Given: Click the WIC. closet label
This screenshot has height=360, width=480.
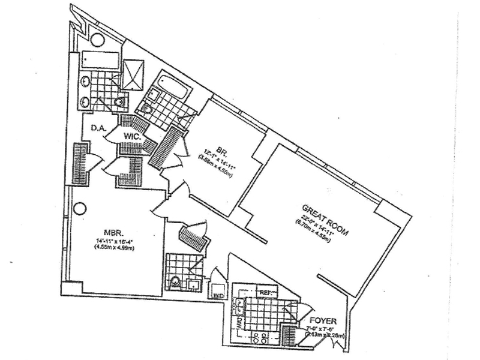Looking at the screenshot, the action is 132,137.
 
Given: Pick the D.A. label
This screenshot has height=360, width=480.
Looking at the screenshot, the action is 98,128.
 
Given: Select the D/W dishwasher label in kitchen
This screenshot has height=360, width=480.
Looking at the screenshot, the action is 239,324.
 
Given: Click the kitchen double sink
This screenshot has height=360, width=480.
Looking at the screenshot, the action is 240,305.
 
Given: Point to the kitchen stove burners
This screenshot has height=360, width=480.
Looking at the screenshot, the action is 260,337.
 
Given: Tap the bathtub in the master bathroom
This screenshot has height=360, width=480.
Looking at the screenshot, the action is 98,60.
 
